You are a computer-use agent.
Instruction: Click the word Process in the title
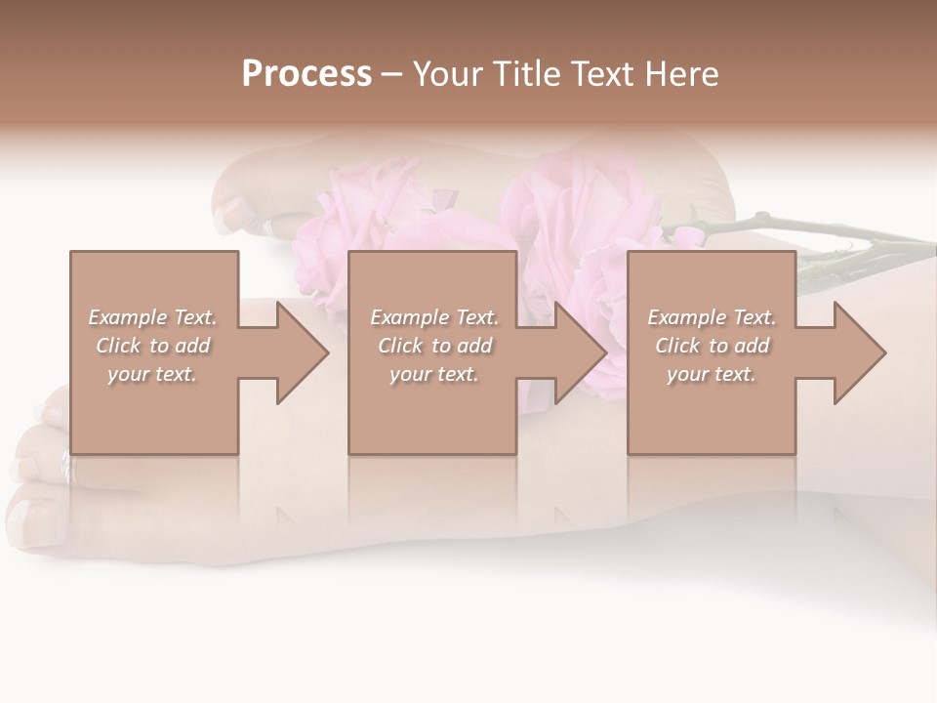tap(306, 74)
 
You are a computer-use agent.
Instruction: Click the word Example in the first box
tap(127, 317)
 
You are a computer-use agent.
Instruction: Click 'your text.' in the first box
tap(152, 374)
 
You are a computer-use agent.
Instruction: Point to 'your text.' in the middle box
tap(434, 374)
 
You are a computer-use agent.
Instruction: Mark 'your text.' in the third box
tap(712, 374)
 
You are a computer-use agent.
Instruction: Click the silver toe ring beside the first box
tap(65, 467)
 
